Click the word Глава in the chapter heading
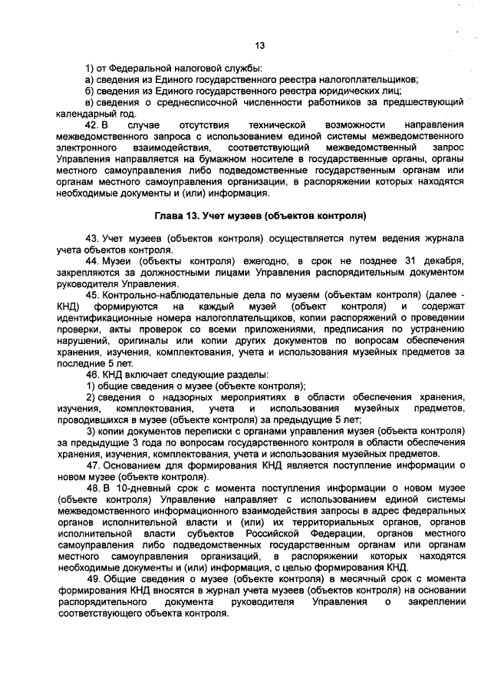click(x=170, y=215)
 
